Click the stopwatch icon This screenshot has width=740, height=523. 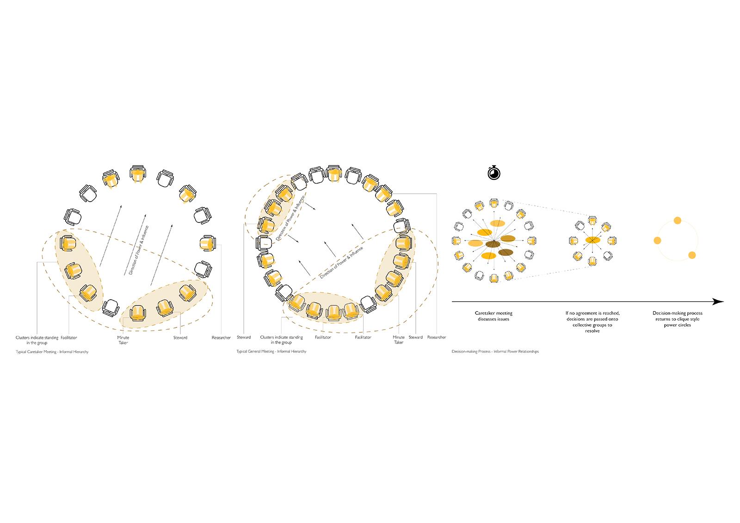tap(494, 172)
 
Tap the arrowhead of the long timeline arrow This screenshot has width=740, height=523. tap(718, 301)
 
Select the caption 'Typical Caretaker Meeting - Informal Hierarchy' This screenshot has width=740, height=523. tap(52, 352)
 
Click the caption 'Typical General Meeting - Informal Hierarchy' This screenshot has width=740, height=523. tap(271, 351)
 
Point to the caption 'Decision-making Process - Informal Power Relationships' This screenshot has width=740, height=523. tap(495, 351)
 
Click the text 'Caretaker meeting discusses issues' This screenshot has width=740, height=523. tap(493, 316)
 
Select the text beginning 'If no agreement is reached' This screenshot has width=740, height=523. tap(592, 322)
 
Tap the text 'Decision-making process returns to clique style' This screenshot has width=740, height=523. tap(677, 319)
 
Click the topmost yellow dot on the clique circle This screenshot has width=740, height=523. tap(677, 221)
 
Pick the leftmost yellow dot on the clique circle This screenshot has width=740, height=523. tap(657, 240)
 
